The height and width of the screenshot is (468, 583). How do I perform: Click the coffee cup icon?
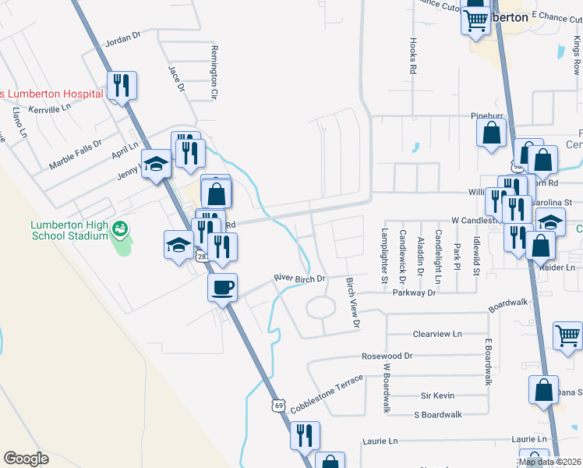point(223,287)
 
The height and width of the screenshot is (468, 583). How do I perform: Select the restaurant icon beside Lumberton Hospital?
point(121,84)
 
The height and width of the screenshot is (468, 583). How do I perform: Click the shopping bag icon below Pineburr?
point(493,132)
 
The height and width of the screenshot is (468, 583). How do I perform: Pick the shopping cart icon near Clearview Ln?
point(567,336)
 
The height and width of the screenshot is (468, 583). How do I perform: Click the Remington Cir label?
point(212,72)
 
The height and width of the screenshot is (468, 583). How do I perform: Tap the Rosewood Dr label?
point(387,356)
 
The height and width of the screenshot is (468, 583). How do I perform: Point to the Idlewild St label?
point(476,257)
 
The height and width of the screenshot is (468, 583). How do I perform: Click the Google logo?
point(26,459)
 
